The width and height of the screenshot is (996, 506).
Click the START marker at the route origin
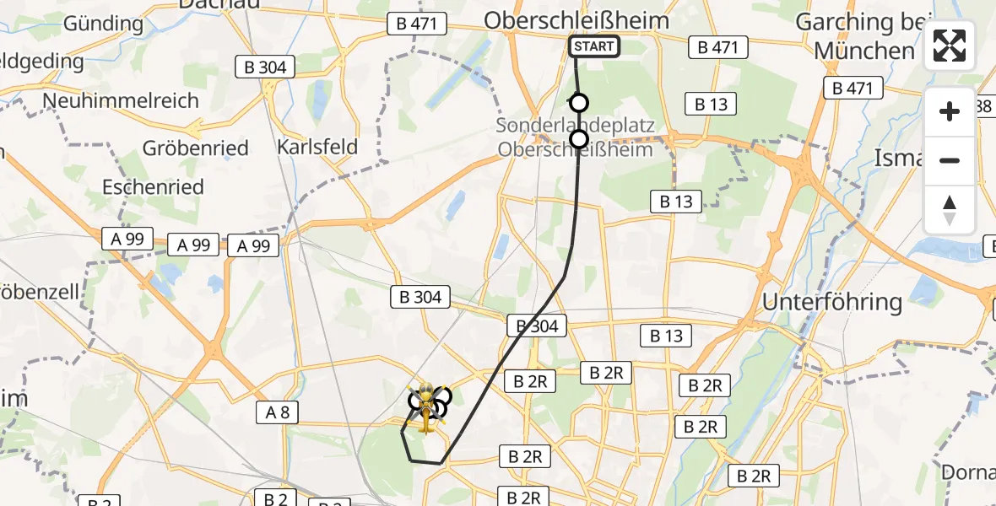point(595,46)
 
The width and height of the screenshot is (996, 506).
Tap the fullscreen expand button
point(950,46)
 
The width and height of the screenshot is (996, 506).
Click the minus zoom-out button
point(950,160)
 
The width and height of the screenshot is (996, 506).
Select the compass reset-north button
point(950,210)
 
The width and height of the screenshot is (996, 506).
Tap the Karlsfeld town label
point(317,147)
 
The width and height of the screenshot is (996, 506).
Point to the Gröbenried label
point(196,148)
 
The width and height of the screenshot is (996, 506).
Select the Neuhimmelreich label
point(121,100)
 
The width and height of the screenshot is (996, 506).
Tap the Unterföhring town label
point(832,301)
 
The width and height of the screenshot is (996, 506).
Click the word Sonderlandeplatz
point(576,126)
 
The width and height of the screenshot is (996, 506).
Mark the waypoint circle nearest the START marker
point(579,103)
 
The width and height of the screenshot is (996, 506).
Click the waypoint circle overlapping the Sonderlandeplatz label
point(579,139)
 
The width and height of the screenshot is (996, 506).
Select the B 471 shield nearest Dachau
point(417,24)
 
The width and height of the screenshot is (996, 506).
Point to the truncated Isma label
point(899,158)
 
